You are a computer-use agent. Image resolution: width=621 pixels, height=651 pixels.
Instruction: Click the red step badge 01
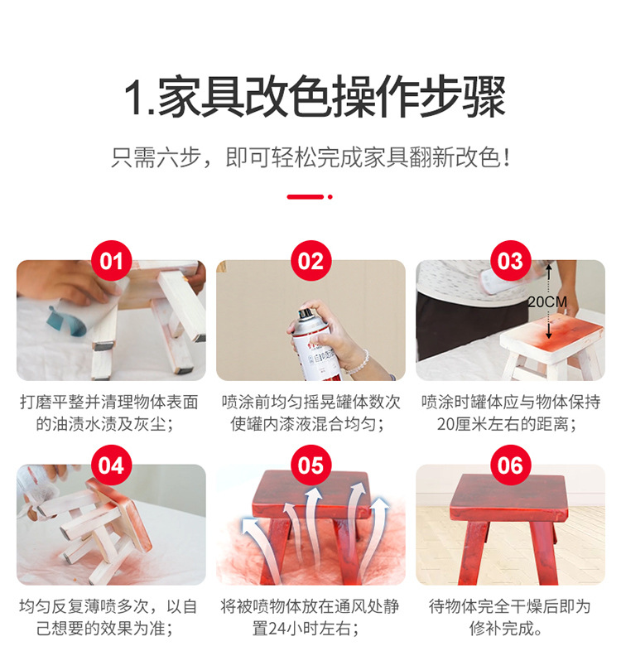tap(111, 261)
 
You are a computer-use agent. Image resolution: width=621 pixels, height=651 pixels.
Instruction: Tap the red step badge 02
tap(310, 261)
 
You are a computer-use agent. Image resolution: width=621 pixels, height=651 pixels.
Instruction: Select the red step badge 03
tap(510, 261)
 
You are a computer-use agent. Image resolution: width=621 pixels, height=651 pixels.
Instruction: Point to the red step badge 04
tap(111, 465)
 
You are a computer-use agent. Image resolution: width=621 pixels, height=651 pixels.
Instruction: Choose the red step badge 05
tap(310, 465)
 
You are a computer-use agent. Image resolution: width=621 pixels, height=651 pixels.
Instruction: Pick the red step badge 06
tap(510, 465)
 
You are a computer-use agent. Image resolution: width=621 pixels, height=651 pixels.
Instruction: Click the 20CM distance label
tap(548, 302)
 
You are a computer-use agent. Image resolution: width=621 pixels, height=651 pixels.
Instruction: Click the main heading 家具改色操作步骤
tap(315, 98)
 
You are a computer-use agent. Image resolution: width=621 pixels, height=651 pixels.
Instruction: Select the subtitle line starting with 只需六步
tap(310, 157)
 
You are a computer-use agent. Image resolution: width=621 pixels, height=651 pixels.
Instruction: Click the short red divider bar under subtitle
tap(305, 197)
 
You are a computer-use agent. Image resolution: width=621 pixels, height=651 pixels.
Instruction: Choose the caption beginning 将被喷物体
tap(310, 617)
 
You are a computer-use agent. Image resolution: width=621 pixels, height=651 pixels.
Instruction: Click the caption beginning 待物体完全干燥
tap(510, 617)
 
